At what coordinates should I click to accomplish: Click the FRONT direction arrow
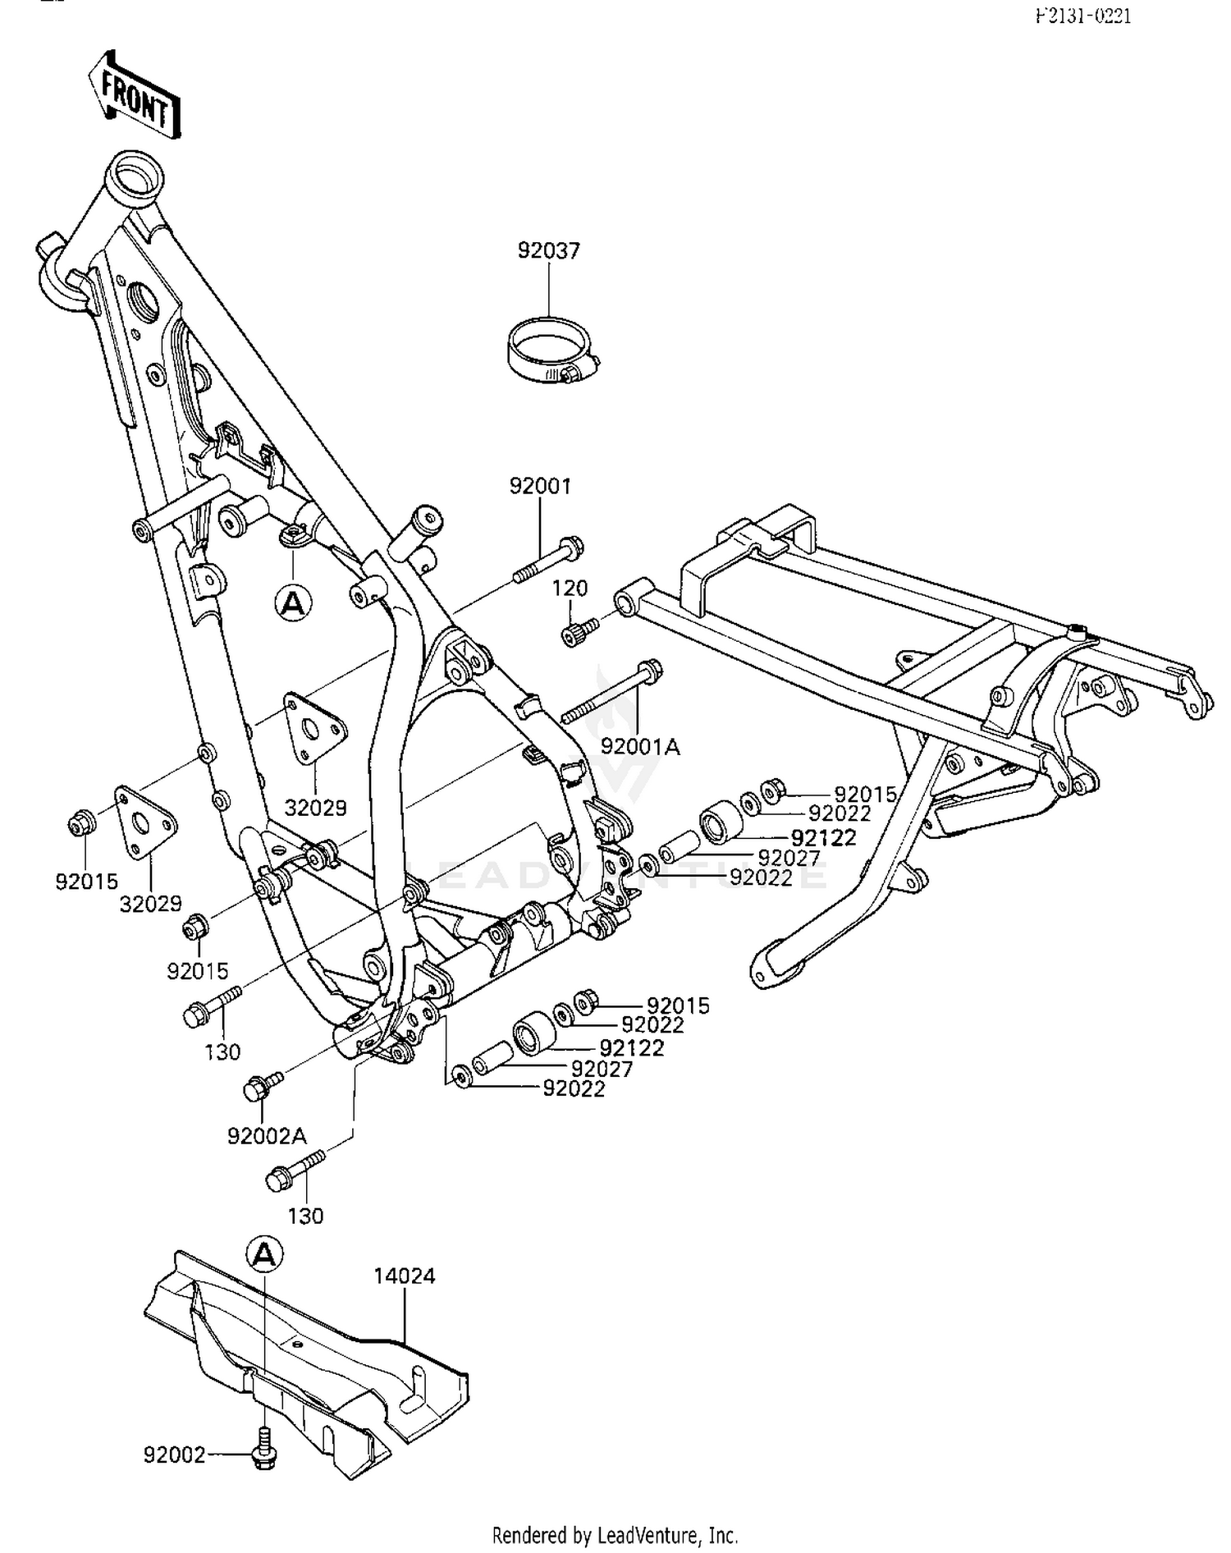click(x=135, y=95)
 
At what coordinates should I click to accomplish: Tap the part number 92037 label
click(x=548, y=250)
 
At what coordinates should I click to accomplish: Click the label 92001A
click(x=640, y=746)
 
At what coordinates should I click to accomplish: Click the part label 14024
click(x=404, y=1276)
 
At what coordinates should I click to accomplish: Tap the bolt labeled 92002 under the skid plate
click(x=263, y=1454)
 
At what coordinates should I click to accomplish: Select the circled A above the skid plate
click(x=264, y=1254)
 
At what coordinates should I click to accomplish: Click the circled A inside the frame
click(x=293, y=603)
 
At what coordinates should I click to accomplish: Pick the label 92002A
click(x=267, y=1136)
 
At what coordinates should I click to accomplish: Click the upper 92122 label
click(x=823, y=838)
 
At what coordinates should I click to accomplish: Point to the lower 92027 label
click(x=602, y=1069)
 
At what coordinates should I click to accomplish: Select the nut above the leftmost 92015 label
click(x=80, y=822)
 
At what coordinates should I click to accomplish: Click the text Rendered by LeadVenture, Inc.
click(x=615, y=1535)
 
